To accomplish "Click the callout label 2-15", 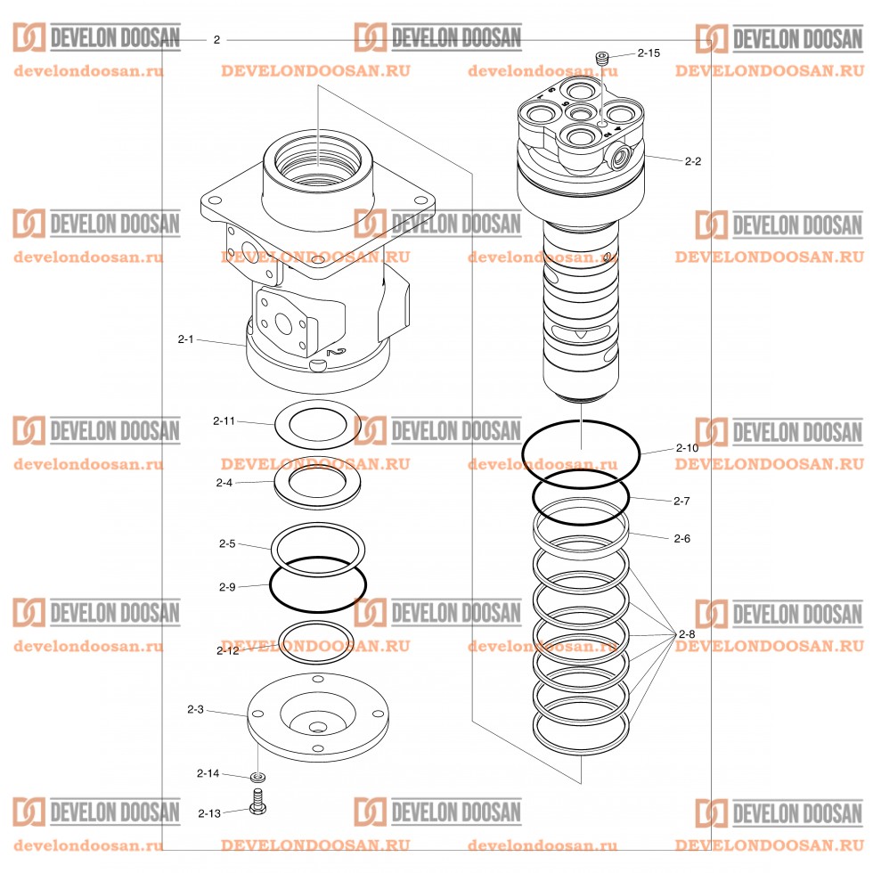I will tap(649, 53).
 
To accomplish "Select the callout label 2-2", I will tap(693, 161).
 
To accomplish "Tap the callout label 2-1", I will tap(185, 339).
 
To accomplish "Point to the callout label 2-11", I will tap(224, 420).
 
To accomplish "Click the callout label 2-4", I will tap(224, 483).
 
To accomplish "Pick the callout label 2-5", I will tap(227, 543).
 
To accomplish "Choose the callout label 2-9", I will tap(227, 586).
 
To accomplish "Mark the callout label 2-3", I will tap(196, 709).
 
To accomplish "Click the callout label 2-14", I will tap(208, 773).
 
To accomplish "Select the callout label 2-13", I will tap(209, 812).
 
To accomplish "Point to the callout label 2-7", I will tap(681, 501).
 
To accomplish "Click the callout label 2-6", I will tap(682, 538).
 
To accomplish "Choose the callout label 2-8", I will tap(686, 633).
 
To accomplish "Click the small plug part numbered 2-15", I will tap(603, 58).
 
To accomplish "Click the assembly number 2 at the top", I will tap(216, 40).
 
